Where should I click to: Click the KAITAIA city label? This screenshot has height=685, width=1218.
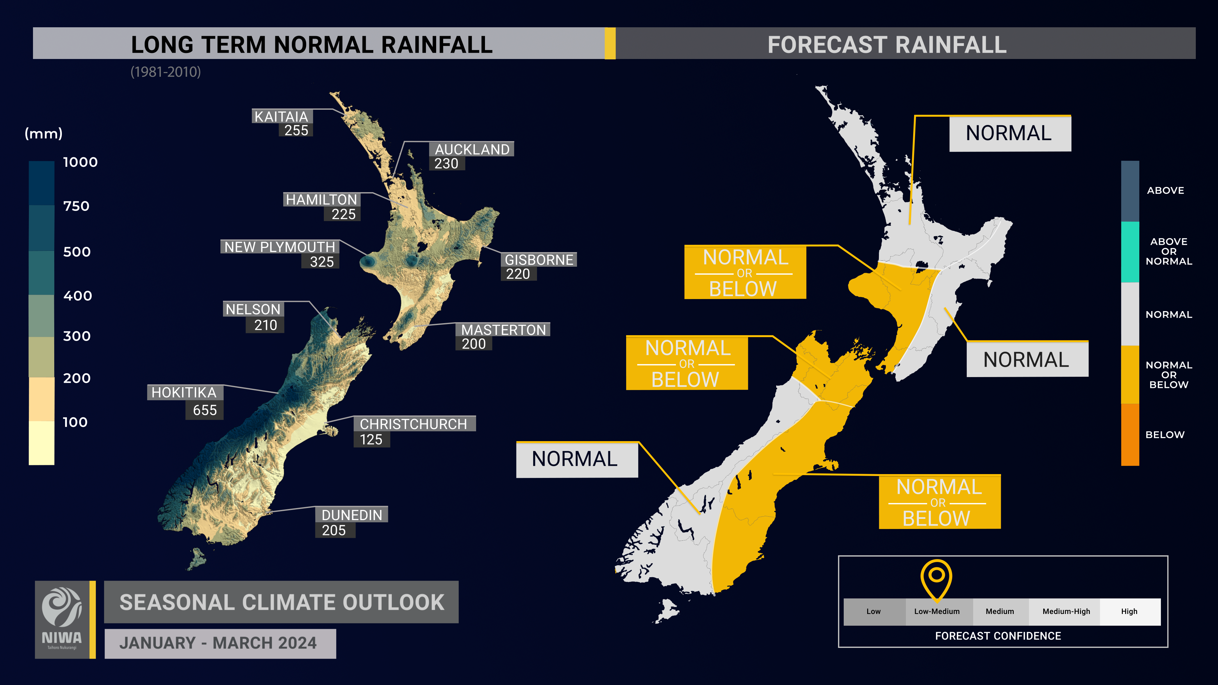[281, 116]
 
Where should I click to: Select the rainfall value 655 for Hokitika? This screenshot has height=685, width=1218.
[205, 410]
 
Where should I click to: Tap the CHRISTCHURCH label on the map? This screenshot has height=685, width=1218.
[413, 424]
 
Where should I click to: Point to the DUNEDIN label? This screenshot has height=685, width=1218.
[352, 515]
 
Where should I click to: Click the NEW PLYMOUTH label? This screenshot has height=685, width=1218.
[279, 247]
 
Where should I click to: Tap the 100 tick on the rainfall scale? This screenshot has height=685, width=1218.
[75, 422]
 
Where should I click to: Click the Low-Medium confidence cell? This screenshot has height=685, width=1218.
[937, 611]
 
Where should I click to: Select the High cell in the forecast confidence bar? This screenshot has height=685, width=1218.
[1129, 611]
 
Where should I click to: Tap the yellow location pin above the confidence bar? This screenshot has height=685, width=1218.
[936, 578]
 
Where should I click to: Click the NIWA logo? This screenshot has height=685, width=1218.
[62, 619]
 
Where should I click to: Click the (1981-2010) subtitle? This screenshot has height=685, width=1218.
[166, 72]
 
